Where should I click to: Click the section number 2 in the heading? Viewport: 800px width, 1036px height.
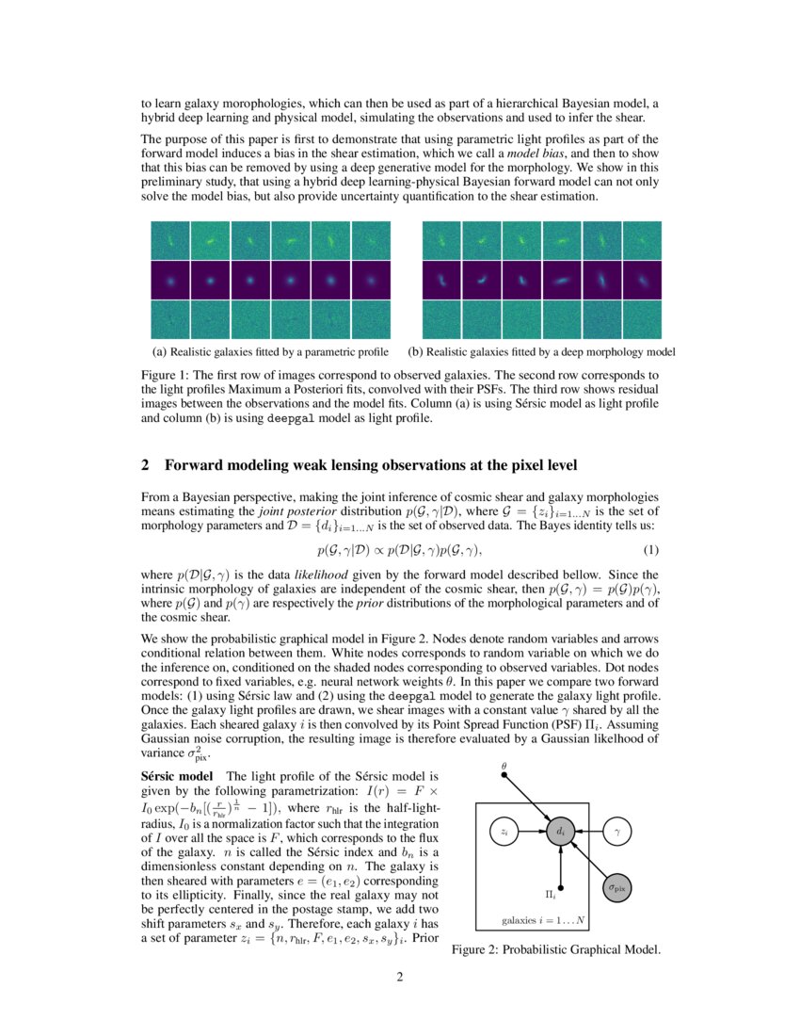coord(146,464)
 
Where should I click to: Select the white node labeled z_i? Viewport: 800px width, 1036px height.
coord(504,832)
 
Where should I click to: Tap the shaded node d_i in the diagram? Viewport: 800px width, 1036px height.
coord(561,832)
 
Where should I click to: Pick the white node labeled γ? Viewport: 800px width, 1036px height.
coord(616,832)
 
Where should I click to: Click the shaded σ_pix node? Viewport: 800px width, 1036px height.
coord(616,886)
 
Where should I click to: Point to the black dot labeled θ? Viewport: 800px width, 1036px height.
coord(504,774)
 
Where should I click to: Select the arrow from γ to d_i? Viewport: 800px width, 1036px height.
coord(589,832)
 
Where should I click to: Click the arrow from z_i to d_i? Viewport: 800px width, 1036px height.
coord(533,832)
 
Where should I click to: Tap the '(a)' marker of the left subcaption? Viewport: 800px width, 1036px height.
coord(159,352)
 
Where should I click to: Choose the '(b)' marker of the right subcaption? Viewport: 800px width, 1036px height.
coord(415,352)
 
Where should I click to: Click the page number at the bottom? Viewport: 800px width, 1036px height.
coord(399,976)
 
